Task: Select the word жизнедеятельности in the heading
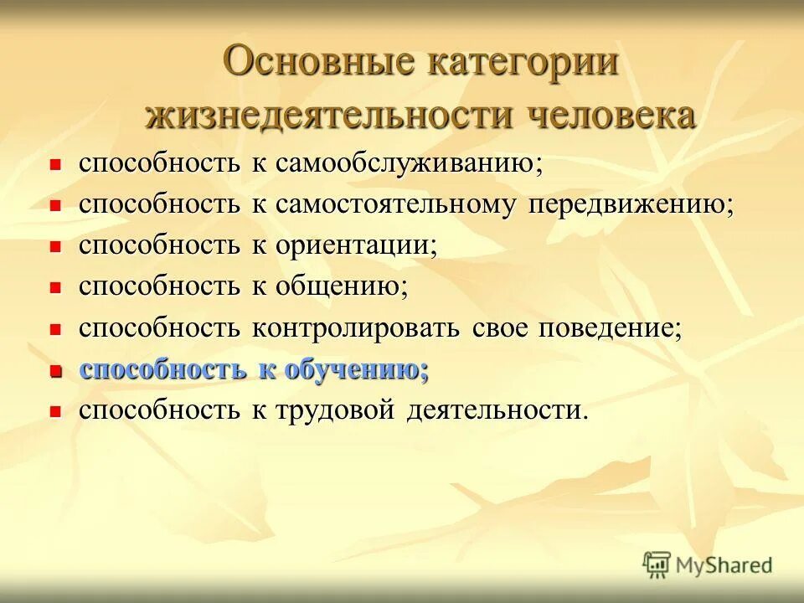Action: [328, 115]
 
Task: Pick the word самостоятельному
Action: [392, 204]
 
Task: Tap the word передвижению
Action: [631, 204]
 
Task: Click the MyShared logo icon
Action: [657, 564]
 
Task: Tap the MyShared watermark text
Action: [724, 565]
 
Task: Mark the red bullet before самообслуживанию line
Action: [56, 164]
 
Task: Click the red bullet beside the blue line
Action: [56, 370]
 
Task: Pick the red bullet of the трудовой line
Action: [56, 411]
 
